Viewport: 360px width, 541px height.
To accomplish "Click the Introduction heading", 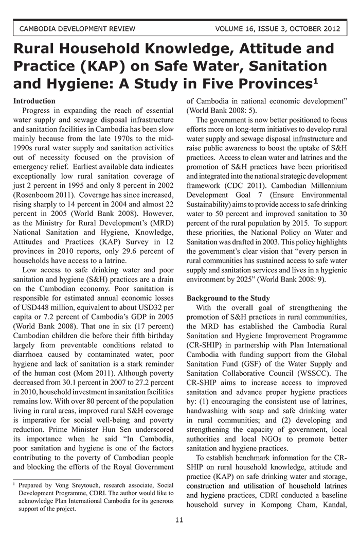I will point(34,101).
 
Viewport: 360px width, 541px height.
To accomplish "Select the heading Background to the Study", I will point(228,298).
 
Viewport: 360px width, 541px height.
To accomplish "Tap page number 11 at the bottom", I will point(179,520).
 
